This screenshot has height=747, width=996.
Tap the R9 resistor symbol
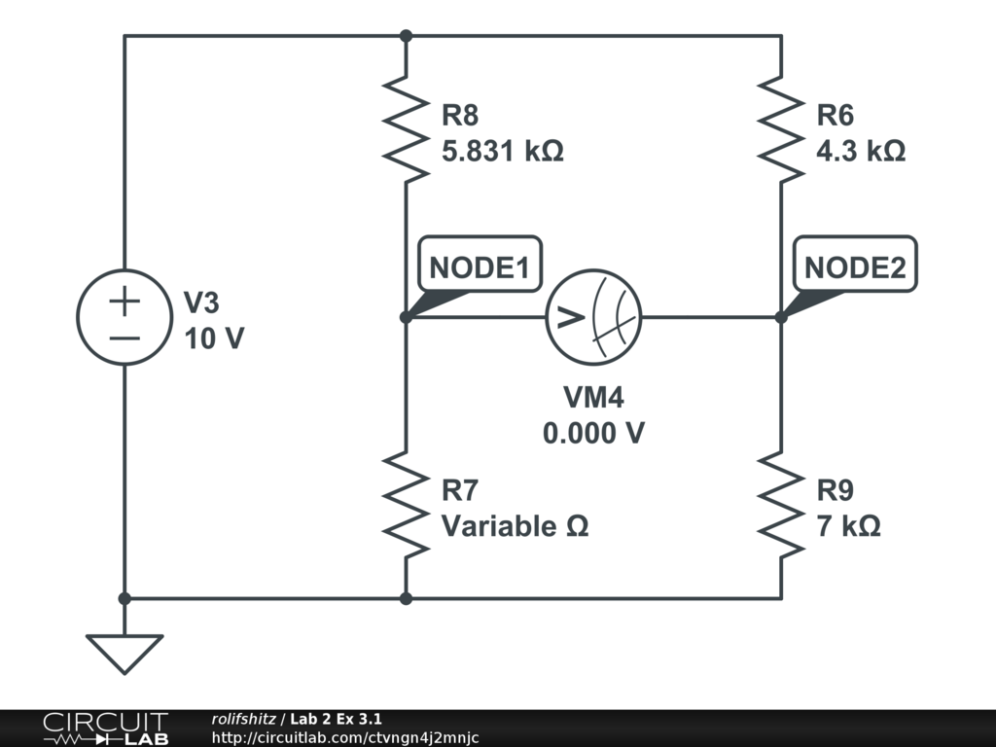781,504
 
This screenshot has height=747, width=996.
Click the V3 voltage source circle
124,317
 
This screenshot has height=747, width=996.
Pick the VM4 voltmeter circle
593,317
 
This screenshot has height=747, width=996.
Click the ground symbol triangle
124,653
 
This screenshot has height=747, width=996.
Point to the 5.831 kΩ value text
503,153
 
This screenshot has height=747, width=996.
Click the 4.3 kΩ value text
861,153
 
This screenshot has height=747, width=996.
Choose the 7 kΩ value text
848,526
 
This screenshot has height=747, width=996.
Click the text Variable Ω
516,526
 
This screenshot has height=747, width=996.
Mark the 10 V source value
214,339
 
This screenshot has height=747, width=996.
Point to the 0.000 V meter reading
593,433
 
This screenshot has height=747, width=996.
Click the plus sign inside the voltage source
124,302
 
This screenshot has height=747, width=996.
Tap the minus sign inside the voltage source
124,338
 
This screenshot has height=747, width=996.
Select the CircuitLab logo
105,729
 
